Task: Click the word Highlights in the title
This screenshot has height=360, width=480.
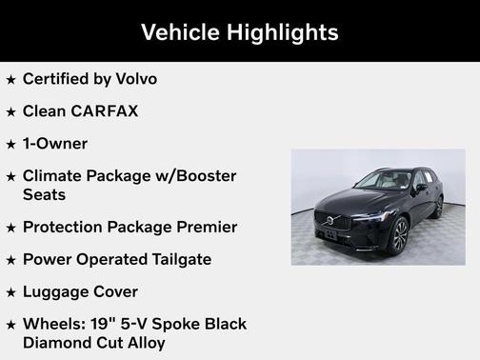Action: tap(282, 32)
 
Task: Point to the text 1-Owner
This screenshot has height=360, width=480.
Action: tap(55, 144)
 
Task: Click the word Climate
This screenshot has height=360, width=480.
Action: tap(55, 176)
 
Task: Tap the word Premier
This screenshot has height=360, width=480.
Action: tap(204, 227)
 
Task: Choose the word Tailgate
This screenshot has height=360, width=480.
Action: tap(177, 259)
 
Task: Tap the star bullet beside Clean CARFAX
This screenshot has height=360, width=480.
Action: tap(11, 112)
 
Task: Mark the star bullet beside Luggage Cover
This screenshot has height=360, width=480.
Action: tap(11, 292)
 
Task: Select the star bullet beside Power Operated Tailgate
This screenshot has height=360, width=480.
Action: tap(11, 260)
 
